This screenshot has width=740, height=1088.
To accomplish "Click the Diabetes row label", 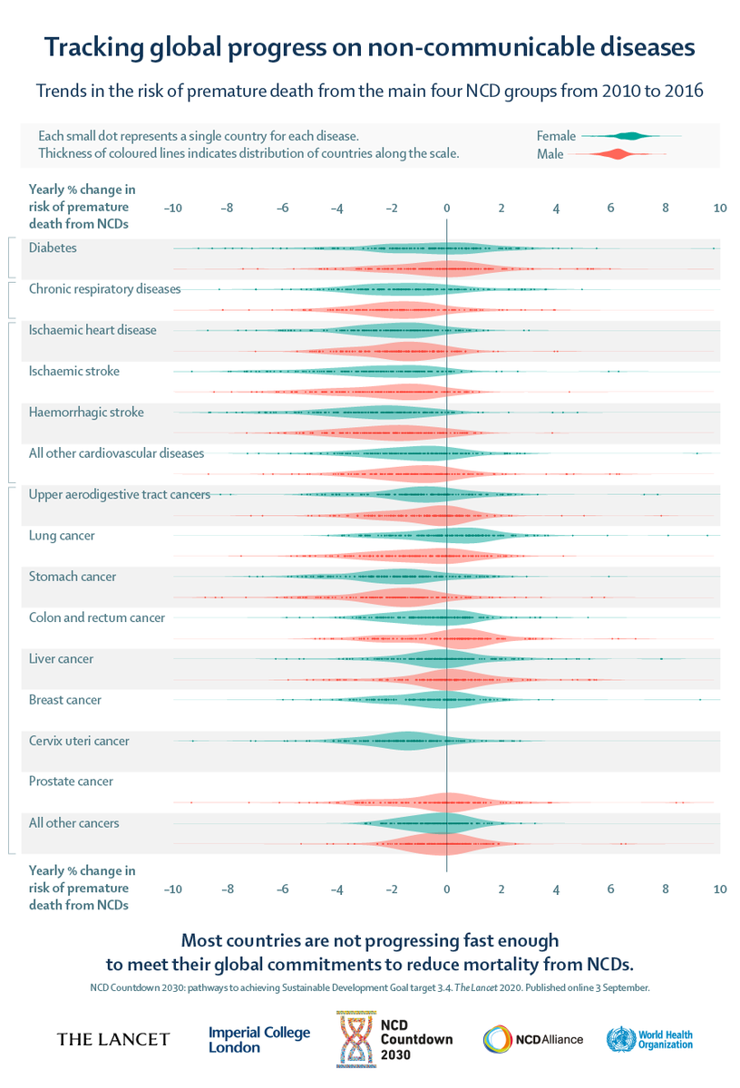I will pyautogui.click(x=53, y=248).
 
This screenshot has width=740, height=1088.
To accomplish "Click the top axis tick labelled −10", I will pyautogui.click(x=172, y=209).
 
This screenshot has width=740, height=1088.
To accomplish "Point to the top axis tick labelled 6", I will pyautogui.click(x=611, y=209).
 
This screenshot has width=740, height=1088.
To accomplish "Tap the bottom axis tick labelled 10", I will pyautogui.click(x=720, y=889).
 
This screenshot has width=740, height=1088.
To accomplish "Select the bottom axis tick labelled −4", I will pyautogui.click(x=336, y=889).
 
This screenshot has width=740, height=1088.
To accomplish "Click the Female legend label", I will pyautogui.click(x=556, y=136).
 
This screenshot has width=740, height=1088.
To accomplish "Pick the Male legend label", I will pyautogui.click(x=550, y=154).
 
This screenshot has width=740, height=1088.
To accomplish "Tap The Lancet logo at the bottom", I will pyautogui.click(x=112, y=1039).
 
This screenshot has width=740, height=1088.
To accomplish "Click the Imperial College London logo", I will pyautogui.click(x=259, y=1039).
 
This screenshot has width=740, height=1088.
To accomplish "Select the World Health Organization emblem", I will pyautogui.click(x=621, y=1039).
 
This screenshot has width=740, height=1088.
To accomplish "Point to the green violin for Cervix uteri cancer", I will pyautogui.click(x=399, y=742).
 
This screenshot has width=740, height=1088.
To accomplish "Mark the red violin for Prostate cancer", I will pyautogui.click(x=444, y=802).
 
